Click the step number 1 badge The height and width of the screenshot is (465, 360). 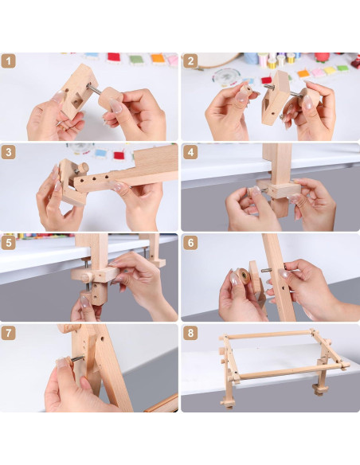pyautogui.click(x=8, y=61)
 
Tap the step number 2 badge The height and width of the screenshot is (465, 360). pyautogui.click(x=190, y=61)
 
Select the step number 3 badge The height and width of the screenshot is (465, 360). pyautogui.click(x=8, y=152)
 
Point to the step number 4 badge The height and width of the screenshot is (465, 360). pyautogui.click(x=190, y=152)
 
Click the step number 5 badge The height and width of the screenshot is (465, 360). pyautogui.click(x=8, y=243)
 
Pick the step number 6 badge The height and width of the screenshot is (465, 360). pyautogui.click(x=190, y=243)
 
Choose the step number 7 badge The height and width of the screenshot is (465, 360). pyautogui.click(x=8, y=334)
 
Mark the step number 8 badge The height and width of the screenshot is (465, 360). pyautogui.click(x=190, y=334)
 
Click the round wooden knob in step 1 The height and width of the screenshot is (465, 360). pyautogui.click(x=110, y=98)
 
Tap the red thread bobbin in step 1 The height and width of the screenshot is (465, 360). pyautogui.click(x=114, y=57)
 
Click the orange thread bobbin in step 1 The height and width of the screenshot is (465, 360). pyautogui.click(x=158, y=58)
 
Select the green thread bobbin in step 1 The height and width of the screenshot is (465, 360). pyautogui.click(x=136, y=59)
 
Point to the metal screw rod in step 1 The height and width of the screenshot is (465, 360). pyautogui.click(x=93, y=88)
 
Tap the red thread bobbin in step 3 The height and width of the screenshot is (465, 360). pyautogui.click(x=119, y=155)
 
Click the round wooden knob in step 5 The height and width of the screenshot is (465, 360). pyautogui.click(x=87, y=278)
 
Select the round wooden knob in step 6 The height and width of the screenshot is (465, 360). pyautogui.click(x=243, y=275)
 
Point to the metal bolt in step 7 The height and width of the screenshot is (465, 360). pyautogui.click(x=78, y=359)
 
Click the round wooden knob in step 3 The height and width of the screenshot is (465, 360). pyautogui.click(x=83, y=168)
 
